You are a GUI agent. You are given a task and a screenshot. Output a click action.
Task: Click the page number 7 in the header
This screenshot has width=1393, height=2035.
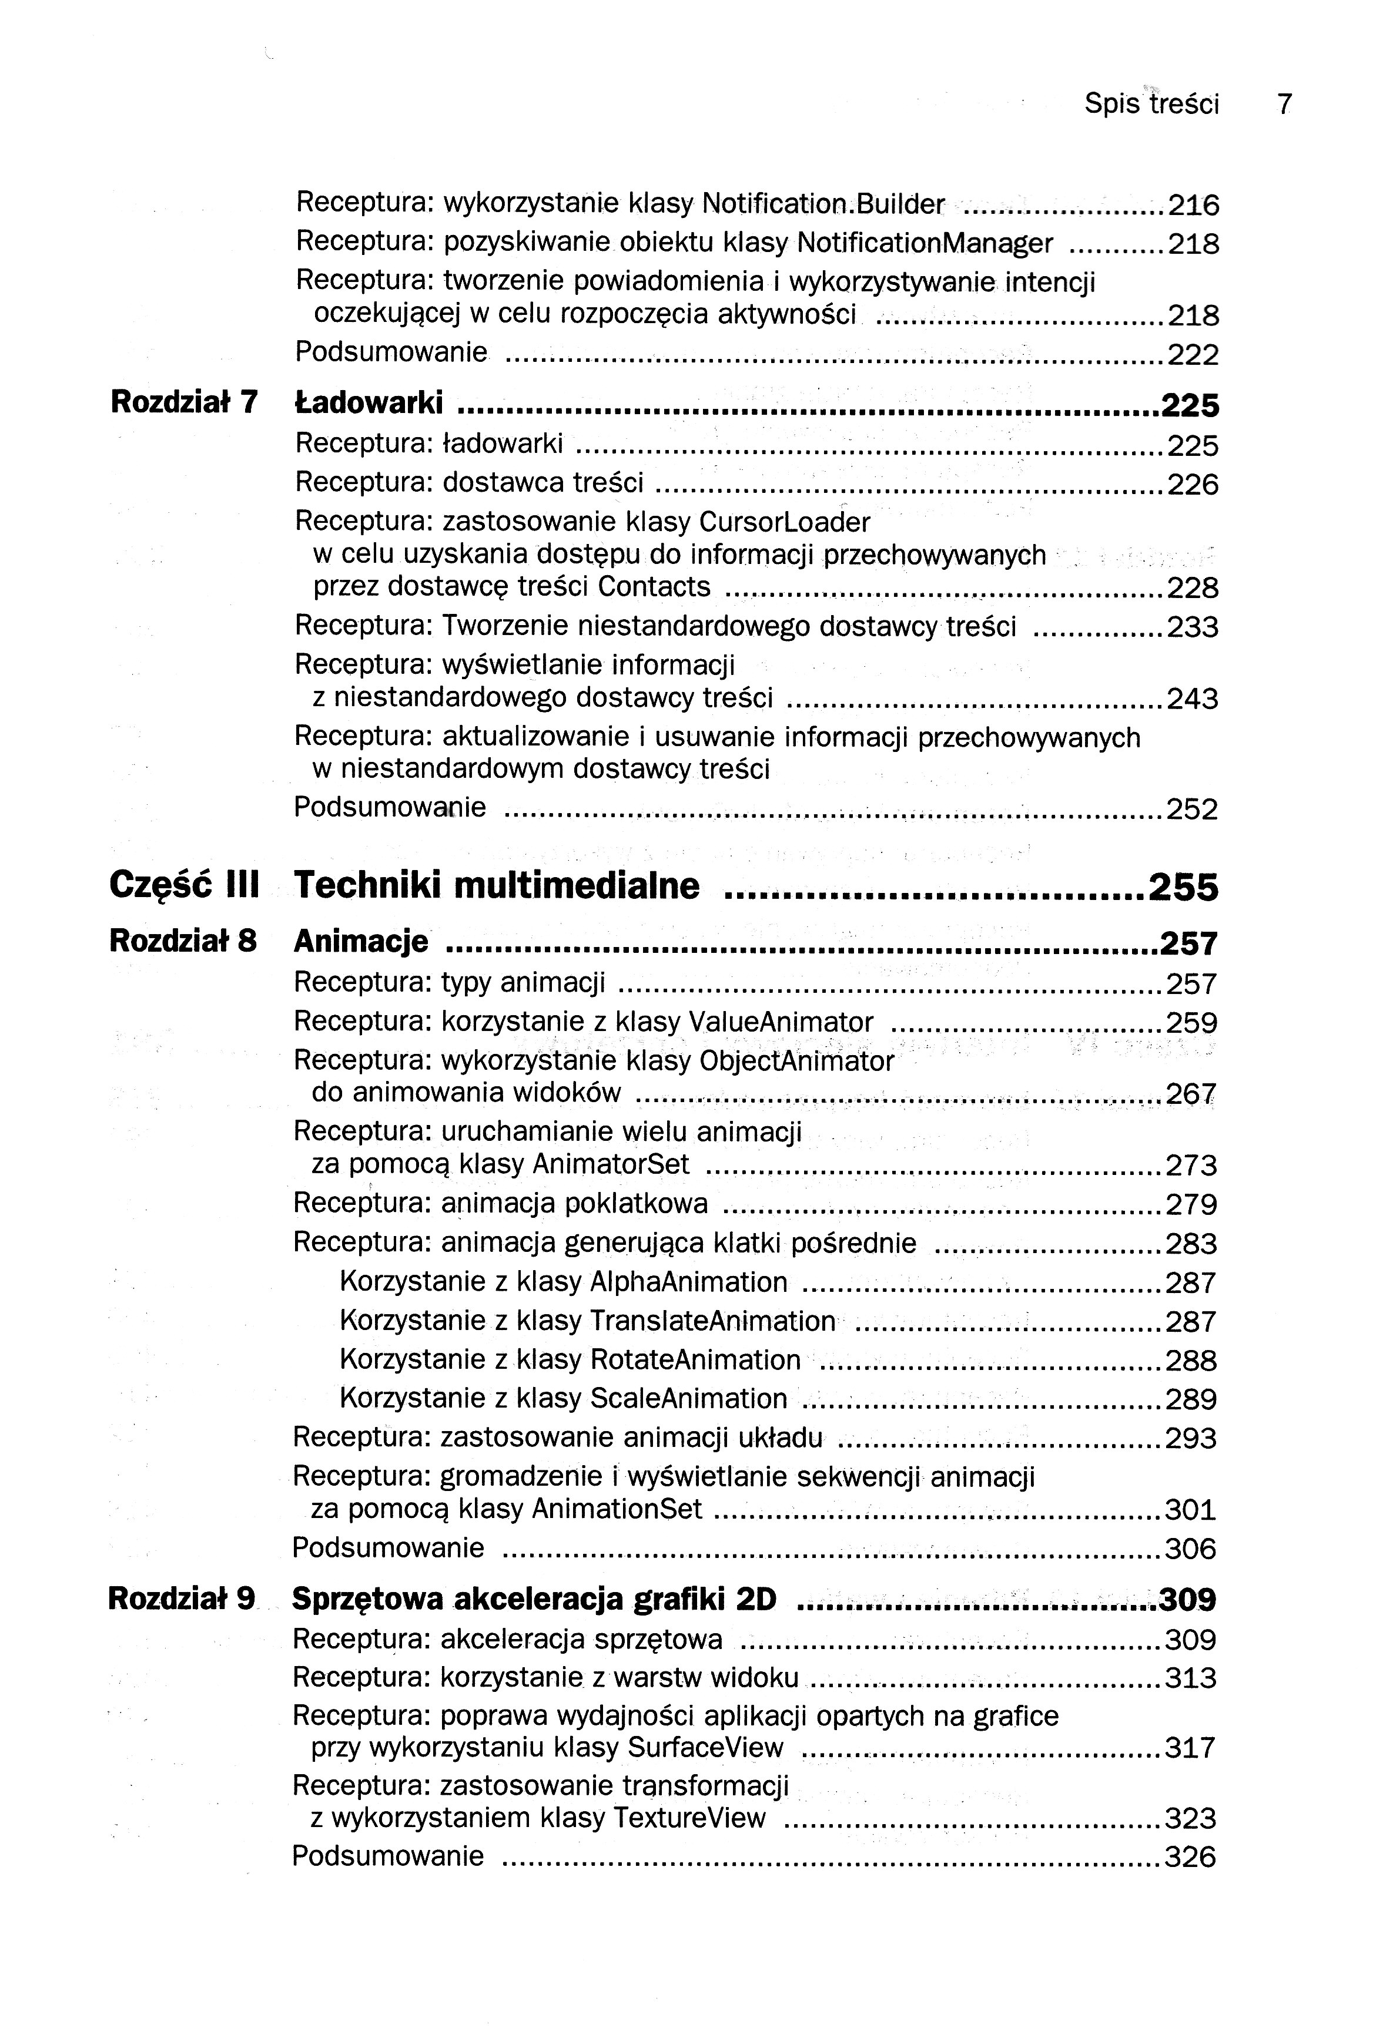(1284, 104)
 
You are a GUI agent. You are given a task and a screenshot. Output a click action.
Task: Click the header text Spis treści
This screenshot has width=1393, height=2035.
(1151, 104)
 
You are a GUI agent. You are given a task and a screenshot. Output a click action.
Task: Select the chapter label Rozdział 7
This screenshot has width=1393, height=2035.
(184, 402)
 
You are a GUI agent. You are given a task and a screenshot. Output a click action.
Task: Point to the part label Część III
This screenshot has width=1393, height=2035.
(184, 885)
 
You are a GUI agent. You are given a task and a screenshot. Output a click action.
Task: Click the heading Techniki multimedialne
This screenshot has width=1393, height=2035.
(497, 885)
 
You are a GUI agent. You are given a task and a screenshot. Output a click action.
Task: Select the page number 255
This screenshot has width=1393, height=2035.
(1183, 888)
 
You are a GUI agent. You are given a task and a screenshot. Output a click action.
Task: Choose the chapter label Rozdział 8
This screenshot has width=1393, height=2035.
(182, 941)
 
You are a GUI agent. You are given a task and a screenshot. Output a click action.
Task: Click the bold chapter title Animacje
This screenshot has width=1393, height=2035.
(361, 942)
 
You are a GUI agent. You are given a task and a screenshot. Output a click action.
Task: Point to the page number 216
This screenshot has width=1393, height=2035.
(1193, 206)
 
